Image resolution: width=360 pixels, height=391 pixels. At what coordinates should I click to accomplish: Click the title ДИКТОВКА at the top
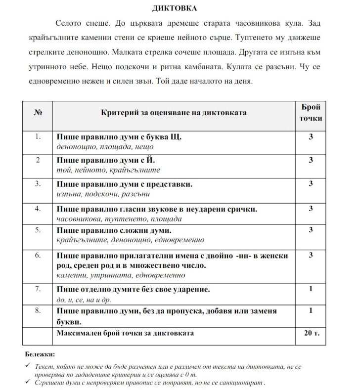click(180, 8)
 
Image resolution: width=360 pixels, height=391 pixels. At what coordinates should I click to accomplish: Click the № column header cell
click(37, 113)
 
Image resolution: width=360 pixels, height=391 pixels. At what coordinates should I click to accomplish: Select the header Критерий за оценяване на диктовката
click(174, 113)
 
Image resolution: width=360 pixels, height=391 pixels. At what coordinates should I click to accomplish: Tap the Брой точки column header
click(311, 113)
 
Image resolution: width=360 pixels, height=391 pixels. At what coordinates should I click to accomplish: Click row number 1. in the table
click(37, 136)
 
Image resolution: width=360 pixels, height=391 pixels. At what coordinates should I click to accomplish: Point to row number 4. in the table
click(37, 209)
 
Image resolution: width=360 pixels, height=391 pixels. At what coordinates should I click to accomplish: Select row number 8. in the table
click(37, 311)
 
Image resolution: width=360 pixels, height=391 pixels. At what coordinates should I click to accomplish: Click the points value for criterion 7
click(311, 289)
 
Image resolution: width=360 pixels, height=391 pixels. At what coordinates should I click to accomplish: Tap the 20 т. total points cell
click(311, 333)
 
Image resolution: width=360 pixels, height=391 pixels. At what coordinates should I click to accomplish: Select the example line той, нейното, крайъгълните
click(108, 170)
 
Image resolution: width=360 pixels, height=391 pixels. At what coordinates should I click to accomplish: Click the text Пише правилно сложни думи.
click(114, 230)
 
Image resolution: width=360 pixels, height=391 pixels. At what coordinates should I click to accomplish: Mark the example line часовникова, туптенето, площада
click(119, 218)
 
